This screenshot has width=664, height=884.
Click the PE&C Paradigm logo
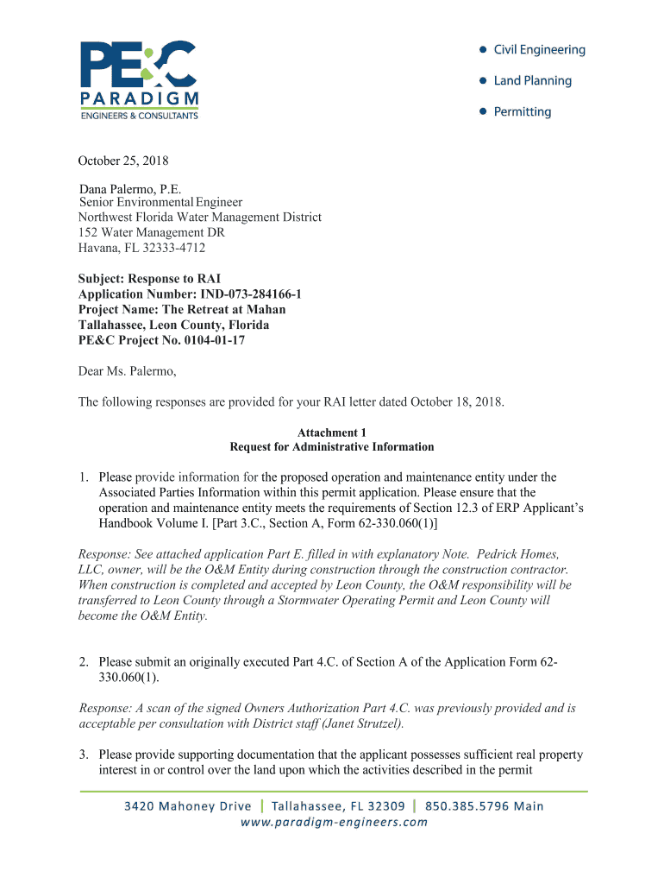(x=141, y=79)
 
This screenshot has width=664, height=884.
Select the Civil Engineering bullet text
(x=539, y=50)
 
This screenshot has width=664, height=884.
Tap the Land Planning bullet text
(x=532, y=81)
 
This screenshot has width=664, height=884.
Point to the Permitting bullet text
(x=522, y=112)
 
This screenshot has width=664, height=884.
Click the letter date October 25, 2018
(x=123, y=161)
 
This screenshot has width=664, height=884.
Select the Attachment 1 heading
(x=332, y=433)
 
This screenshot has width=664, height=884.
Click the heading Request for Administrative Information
(x=332, y=447)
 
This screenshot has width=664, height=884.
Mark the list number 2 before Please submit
(x=84, y=662)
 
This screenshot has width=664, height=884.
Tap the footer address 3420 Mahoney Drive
(x=188, y=806)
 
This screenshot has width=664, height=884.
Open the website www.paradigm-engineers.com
(x=334, y=822)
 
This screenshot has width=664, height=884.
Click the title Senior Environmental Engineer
(x=161, y=203)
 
